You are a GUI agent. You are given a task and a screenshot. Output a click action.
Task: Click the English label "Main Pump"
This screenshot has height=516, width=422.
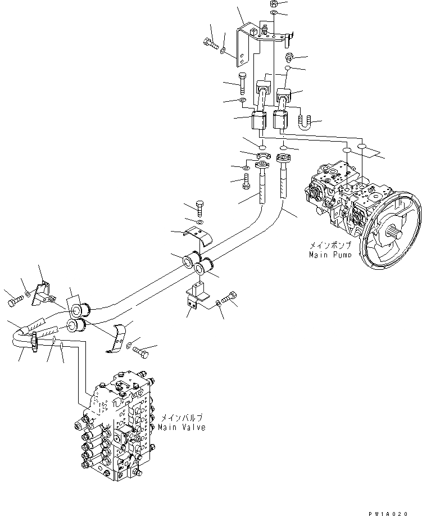point(330,255)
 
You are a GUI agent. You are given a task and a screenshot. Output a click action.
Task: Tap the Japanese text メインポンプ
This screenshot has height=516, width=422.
point(329,246)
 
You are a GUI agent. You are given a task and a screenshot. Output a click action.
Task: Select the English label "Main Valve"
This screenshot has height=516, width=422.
point(183,427)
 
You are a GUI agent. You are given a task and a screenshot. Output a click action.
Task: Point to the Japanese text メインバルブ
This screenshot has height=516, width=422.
point(181,418)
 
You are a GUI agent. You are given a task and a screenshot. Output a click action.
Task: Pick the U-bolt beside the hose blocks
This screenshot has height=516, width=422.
point(304,121)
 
